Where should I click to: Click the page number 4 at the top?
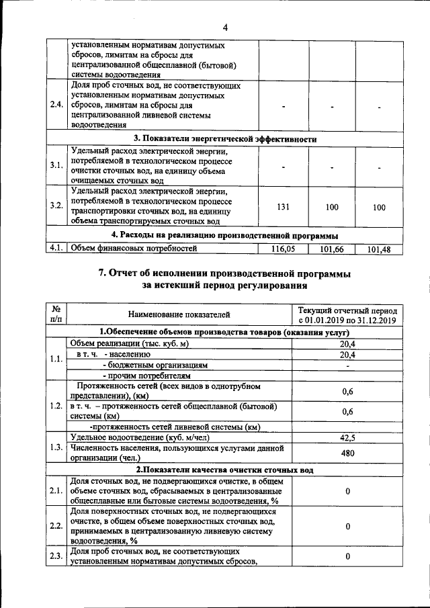tap(226, 28)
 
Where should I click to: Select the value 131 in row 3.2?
tap(283, 207)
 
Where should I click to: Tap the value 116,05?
tap(284, 249)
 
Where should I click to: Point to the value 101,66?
tap(331, 249)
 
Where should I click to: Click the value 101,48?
tap(378, 250)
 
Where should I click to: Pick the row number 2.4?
tap(56, 105)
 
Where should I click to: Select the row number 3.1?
tap(56, 165)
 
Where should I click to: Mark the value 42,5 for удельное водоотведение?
tap(347, 437)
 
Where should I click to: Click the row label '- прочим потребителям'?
tap(138, 376)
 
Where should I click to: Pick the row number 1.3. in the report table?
tap(56, 447)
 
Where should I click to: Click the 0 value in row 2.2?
tap(347, 526)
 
